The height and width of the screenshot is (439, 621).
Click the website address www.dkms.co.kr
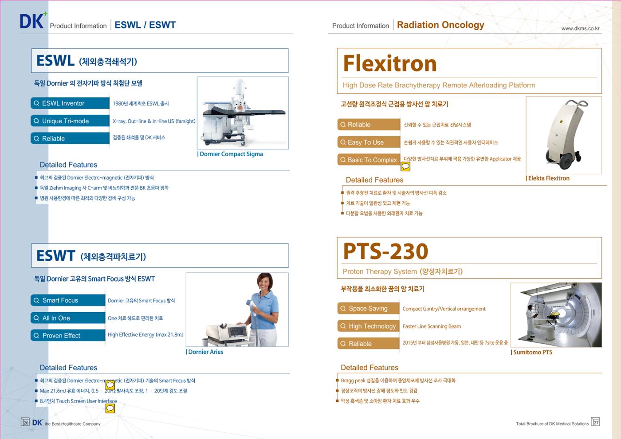[x=580, y=28]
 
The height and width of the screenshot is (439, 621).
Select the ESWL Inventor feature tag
[x=70, y=103]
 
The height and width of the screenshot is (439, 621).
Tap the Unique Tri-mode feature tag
[x=70, y=121]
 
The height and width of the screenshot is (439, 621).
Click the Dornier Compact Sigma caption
[x=230, y=154]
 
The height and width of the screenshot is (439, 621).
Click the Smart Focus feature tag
[x=68, y=300]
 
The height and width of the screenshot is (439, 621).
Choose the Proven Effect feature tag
[x=68, y=335]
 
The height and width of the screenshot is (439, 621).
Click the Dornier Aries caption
[x=204, y=352]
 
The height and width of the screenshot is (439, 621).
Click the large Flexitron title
[x=390, y=63]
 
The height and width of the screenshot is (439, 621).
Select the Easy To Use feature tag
[x=369, y=142]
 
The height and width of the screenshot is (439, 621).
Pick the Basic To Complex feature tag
[x=369, y=160]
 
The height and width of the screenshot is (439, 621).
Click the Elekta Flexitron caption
[x=547, y=178]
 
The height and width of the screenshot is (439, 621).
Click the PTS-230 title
[x=385, y=251]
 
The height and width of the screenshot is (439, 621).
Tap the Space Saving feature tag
[x=368, y=309]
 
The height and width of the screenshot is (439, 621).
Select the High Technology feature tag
[x=368, y=326]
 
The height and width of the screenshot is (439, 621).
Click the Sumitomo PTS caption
[x=531, y=352]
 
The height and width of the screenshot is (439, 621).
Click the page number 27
[x=595, y=422]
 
